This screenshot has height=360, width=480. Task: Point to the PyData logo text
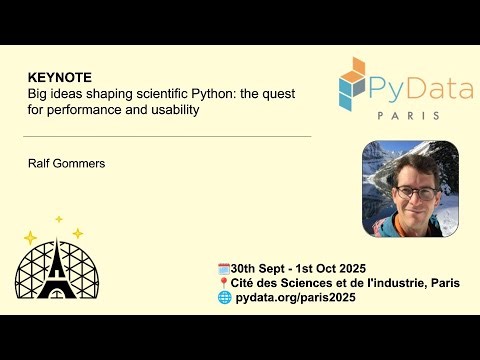(x=420, y=89)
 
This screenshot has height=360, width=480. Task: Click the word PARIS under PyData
(x=407, y=116)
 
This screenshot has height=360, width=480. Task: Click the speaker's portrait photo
(x=409, y=188)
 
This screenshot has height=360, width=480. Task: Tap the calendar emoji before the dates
(x=223, y=268)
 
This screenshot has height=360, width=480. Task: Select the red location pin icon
(x=223, y=283)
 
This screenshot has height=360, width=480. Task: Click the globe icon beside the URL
(x=224, y=298)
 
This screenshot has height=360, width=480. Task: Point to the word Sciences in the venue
(x=306, y=283)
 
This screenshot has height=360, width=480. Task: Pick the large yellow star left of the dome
(x=30, y=238)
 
